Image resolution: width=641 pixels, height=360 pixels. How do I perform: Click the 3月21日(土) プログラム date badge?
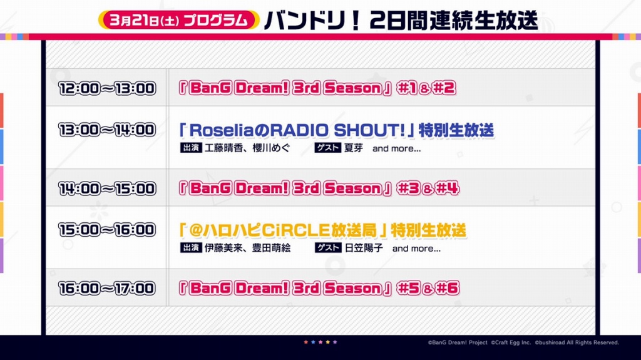coord(178,19)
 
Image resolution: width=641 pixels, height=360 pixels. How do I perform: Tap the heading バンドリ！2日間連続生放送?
coord(401,19)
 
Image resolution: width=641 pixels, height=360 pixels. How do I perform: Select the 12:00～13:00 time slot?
coord(107,88)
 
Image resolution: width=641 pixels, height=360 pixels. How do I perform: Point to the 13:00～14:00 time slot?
coord(107,130)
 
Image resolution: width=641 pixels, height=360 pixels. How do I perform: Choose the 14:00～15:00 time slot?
coord(107,188)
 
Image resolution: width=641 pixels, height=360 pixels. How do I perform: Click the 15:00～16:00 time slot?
coord(107,230)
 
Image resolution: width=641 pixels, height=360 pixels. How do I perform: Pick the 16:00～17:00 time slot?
coord(107,289)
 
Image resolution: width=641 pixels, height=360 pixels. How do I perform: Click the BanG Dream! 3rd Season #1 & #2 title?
coord(317,88)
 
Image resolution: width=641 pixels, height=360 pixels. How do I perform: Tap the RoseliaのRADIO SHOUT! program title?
coord(336,130)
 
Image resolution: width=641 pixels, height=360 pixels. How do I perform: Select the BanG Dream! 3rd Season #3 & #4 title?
coord(319,188)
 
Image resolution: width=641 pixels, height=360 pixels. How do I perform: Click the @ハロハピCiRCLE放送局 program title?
coord(322,230)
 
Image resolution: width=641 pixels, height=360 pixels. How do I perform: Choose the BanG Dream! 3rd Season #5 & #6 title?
coord(319,288)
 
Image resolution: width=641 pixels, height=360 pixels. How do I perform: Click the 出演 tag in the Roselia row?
coord(191,148)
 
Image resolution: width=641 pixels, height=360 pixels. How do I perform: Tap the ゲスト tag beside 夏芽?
coord(328,148)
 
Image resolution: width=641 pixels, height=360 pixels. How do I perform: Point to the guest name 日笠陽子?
coord(364,248)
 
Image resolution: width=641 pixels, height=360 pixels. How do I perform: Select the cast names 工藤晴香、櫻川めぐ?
coord(247,148)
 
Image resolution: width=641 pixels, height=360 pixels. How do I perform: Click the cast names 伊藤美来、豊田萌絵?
coord(247,248)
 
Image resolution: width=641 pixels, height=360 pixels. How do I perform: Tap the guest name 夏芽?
coord(354,148)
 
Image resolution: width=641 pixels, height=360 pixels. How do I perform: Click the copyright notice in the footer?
coord(523,342)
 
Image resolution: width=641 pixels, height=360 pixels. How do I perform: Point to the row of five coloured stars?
coord(320,342)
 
